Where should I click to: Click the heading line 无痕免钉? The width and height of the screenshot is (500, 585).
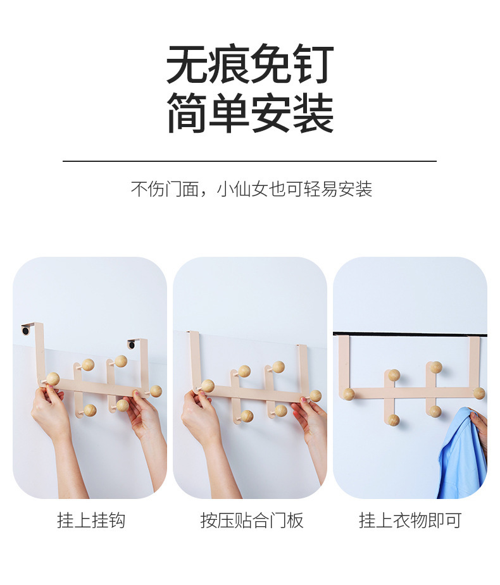point(250,65)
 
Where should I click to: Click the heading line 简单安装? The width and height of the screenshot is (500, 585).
point(250,113)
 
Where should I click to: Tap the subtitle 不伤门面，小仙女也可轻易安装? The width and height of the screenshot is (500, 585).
point(251,189)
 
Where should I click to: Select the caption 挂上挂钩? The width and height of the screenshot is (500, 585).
point(91,520)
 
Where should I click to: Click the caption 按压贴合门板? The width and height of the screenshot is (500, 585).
point(252,520)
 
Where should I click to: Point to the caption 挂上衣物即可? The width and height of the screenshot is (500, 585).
point(410,520)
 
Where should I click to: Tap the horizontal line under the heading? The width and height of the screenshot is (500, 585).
point(249,161)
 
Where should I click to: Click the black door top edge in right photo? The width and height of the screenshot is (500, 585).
point(409,333)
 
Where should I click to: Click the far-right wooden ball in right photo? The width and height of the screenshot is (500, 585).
point(479,393)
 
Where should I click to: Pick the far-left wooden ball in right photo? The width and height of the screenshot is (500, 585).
point(348,394)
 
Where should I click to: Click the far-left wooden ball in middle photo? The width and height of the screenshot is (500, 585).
point(207,385)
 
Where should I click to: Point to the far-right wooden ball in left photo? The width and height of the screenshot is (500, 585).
point(155,391)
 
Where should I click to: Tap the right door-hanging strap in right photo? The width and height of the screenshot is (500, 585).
point(474,360)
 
